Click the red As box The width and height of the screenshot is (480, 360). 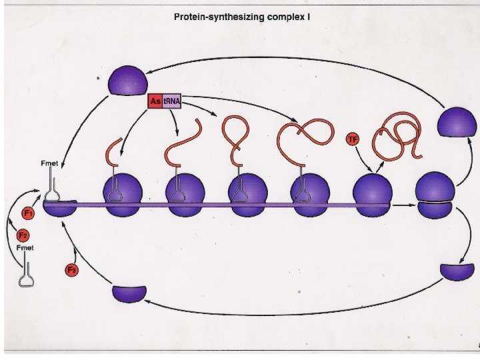[155, 102]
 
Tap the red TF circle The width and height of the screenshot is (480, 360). [354, 139]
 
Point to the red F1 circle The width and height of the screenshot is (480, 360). [28, 213]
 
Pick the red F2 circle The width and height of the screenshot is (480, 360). [22, 235]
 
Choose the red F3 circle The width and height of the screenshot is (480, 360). [71, 270]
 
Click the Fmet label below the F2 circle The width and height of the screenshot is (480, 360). [25, 248]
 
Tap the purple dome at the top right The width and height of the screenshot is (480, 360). [457, 123]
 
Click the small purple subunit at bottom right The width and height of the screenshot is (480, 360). [457, 271]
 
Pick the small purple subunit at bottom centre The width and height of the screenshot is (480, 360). [129, 293]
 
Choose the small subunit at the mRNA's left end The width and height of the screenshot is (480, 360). [60, 207]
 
